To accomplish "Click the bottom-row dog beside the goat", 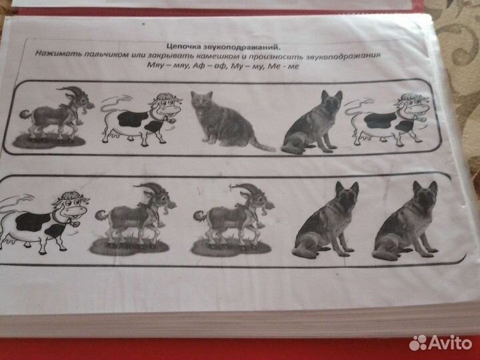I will point(327,220).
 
